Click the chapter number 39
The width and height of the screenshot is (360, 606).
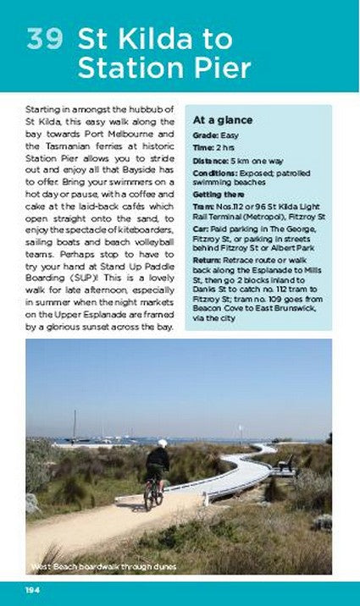tap(46, 40)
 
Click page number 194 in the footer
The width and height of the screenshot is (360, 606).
tap(33, 589)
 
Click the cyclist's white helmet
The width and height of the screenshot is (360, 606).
tap(162, 443)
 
